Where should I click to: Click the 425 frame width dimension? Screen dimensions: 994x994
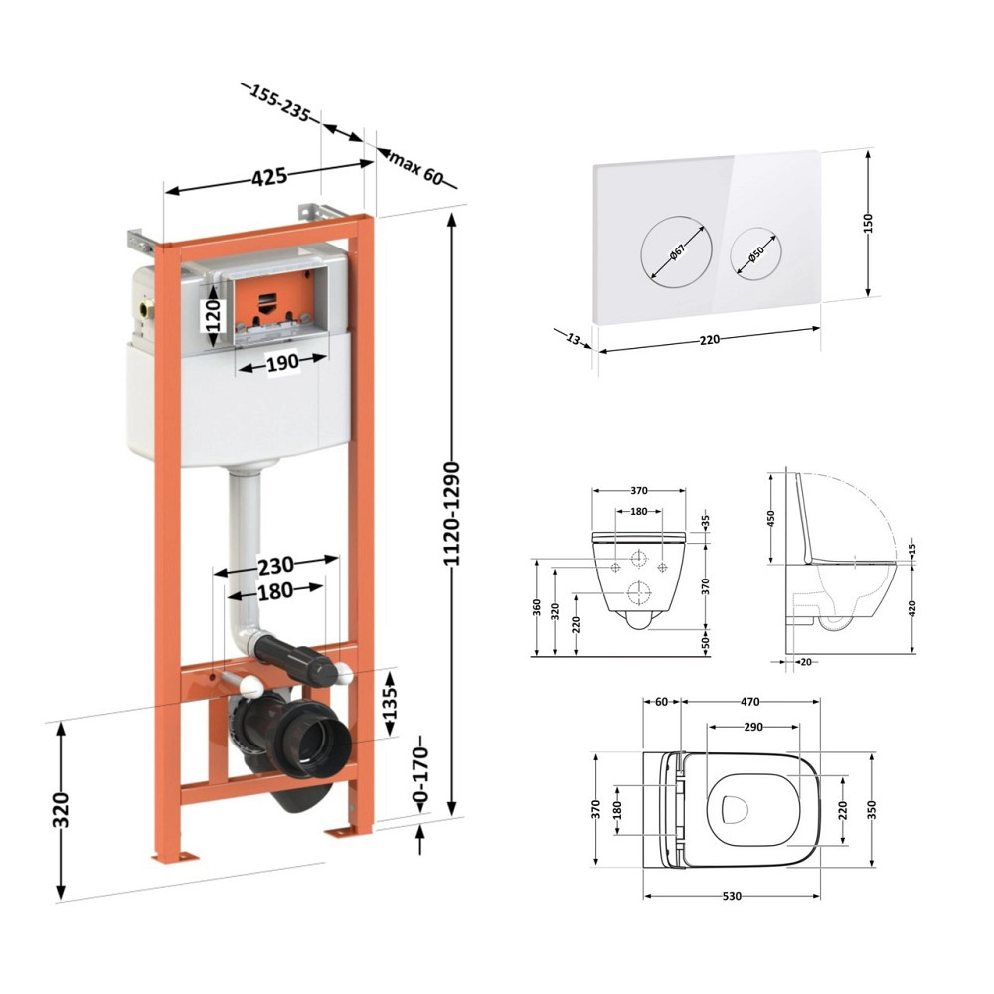pos(269,177)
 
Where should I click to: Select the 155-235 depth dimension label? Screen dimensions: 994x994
pos(279,102)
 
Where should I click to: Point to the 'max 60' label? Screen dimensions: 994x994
pos(415,168)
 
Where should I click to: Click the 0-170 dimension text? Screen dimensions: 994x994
pos(420,774)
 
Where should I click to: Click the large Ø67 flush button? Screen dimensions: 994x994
pos(676,251)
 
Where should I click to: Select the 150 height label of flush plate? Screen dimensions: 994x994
pos(868,223)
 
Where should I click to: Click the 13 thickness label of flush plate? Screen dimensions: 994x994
pos(573,339)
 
